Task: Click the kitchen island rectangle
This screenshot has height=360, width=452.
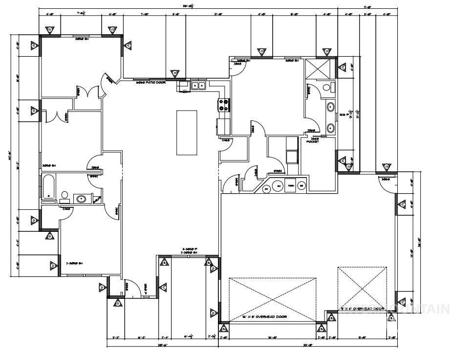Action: pyautogui.click(x=187, y=133)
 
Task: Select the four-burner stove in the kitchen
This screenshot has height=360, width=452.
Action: pyautogui.click(x=224, y=105)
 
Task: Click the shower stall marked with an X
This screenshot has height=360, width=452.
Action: pyautogui.click(x=319, y=68)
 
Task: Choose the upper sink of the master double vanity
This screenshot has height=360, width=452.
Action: pyautogui.click(x=330, y=107)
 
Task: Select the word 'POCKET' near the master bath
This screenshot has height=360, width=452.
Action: pyautogui.click(x=313, y=141)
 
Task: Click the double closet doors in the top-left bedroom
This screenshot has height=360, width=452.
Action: pyautogui.click(x=86, y=91)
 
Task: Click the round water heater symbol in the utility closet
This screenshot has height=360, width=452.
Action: pyautogui.click(x=266, y=187)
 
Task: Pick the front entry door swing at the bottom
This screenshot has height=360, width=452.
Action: pyautogui.click(x=128, y=289)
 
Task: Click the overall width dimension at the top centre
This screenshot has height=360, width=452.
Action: pyautogui.click(x=189, y=6)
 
